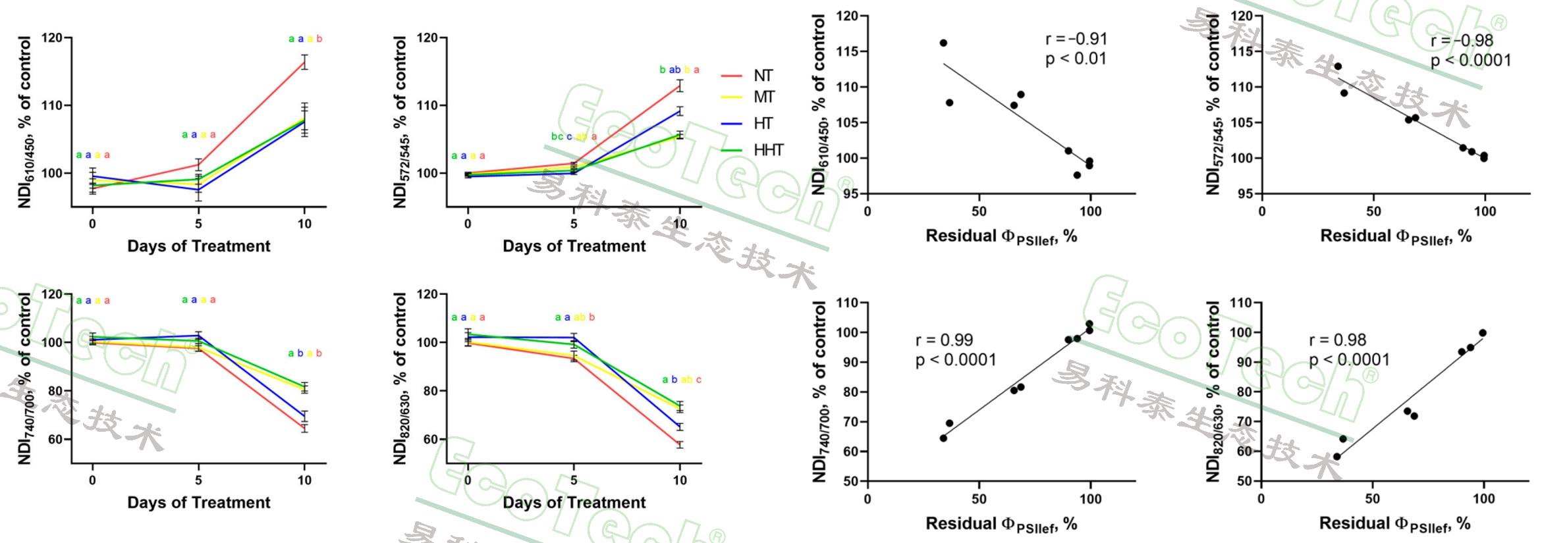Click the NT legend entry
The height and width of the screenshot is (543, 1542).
[x=763, y=76]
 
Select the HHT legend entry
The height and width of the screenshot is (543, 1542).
[x=768, y=150]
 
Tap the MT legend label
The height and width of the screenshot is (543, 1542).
[x=763, y=97]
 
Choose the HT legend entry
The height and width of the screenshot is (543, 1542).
[x=763, y=124]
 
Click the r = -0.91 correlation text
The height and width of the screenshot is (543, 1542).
[x=1076, y=39]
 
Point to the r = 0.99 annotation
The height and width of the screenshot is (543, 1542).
[x=944, y=340]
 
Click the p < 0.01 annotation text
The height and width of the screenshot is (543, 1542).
[x=1076, y=59]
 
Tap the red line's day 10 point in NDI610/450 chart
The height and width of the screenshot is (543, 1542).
[x=304, y=63]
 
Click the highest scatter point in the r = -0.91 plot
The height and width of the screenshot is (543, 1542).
[x=943, y=43]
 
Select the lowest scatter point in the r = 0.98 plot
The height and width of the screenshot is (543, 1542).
[x=1336, y=457]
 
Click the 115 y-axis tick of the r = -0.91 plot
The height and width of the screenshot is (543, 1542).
[x=848, y=51]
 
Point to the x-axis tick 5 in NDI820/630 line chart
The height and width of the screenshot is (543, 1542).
[x=574, y=480]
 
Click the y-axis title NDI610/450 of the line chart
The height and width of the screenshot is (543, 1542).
[x=25, y=122]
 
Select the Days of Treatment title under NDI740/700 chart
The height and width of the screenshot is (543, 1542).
[x=198, y=503]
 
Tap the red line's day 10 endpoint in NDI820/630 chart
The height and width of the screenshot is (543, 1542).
[x=680, y=445]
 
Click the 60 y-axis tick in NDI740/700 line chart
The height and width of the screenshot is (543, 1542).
[x=55, y=439]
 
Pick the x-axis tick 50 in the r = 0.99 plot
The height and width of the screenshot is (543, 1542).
[x=979, y=499]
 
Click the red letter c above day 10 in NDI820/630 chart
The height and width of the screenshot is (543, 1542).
[x=698, y=380]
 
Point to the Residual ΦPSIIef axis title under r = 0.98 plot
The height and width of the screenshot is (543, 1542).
[x=1394, y=524]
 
